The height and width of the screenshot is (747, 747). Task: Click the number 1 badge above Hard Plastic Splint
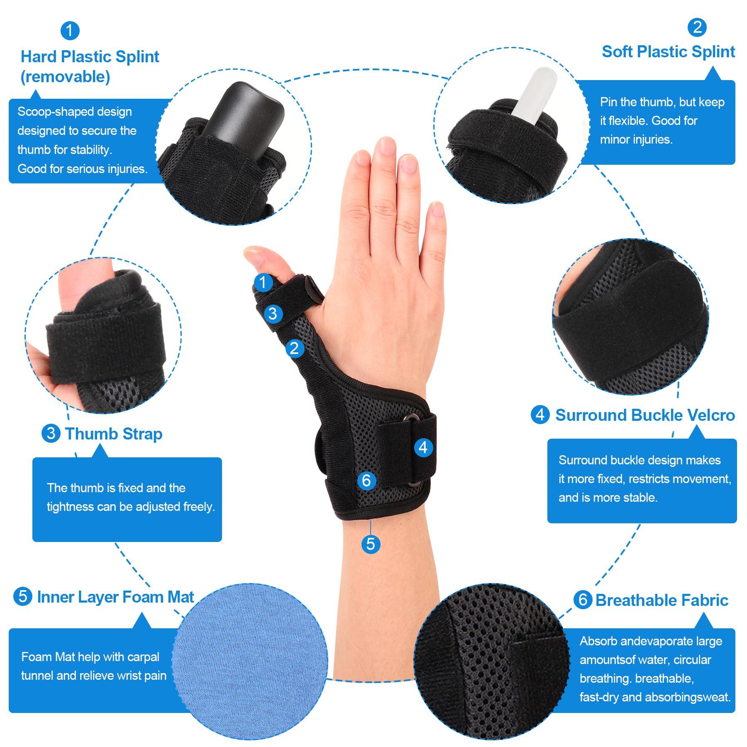click(x=69, y=31)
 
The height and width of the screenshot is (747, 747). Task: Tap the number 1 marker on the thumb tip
click(x=263, y=283)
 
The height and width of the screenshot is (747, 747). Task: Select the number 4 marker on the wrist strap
click(x=423, y=447)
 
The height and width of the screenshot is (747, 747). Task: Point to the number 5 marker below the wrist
click(x=371, y=544)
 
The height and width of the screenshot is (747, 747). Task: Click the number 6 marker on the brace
click(x=366, y=481)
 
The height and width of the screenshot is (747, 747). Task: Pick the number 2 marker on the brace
click(x=294, y=348)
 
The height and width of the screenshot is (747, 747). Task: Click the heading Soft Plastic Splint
click(x=668, y=52)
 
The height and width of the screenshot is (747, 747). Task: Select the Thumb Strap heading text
click(x=114, y=434)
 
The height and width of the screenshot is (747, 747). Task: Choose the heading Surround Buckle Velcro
click(x=645, y=415)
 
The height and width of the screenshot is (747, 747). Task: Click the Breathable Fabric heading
click(x=662, y=600)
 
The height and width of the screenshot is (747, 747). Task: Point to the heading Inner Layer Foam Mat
click(x=115, y=597)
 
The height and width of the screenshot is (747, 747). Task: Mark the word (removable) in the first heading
click(x=65, y=77)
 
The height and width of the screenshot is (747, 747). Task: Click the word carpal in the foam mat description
click(x=143, y=657)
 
